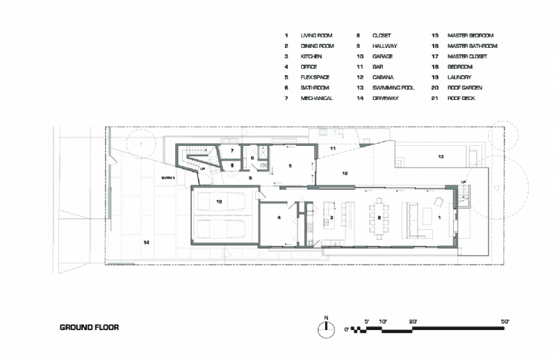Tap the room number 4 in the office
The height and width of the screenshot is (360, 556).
pos(279,218)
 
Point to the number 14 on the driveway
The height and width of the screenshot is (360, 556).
pos(147,243)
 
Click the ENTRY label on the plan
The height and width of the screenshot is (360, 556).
pos(169,178)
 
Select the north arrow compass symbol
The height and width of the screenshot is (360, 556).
pos(325,330)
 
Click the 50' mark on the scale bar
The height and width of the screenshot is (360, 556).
pos(505,321)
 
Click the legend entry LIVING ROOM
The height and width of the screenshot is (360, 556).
pos(316,35)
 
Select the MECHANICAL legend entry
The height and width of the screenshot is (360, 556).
pos(317,98)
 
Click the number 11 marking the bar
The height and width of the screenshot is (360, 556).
pos(332,149)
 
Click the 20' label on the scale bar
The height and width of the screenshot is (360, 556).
pos(414,321)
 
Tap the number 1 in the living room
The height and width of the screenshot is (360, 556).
pos(439,217)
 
